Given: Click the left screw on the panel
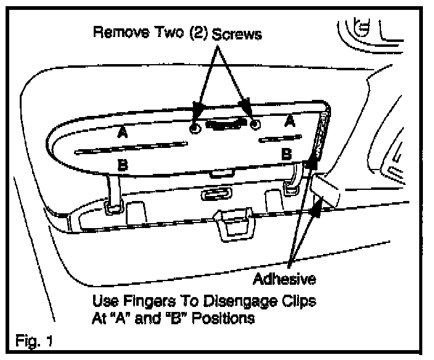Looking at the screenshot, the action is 194,128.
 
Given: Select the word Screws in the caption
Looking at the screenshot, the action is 237,35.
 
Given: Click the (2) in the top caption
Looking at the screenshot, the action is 197,33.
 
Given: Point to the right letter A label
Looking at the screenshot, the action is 289,122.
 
